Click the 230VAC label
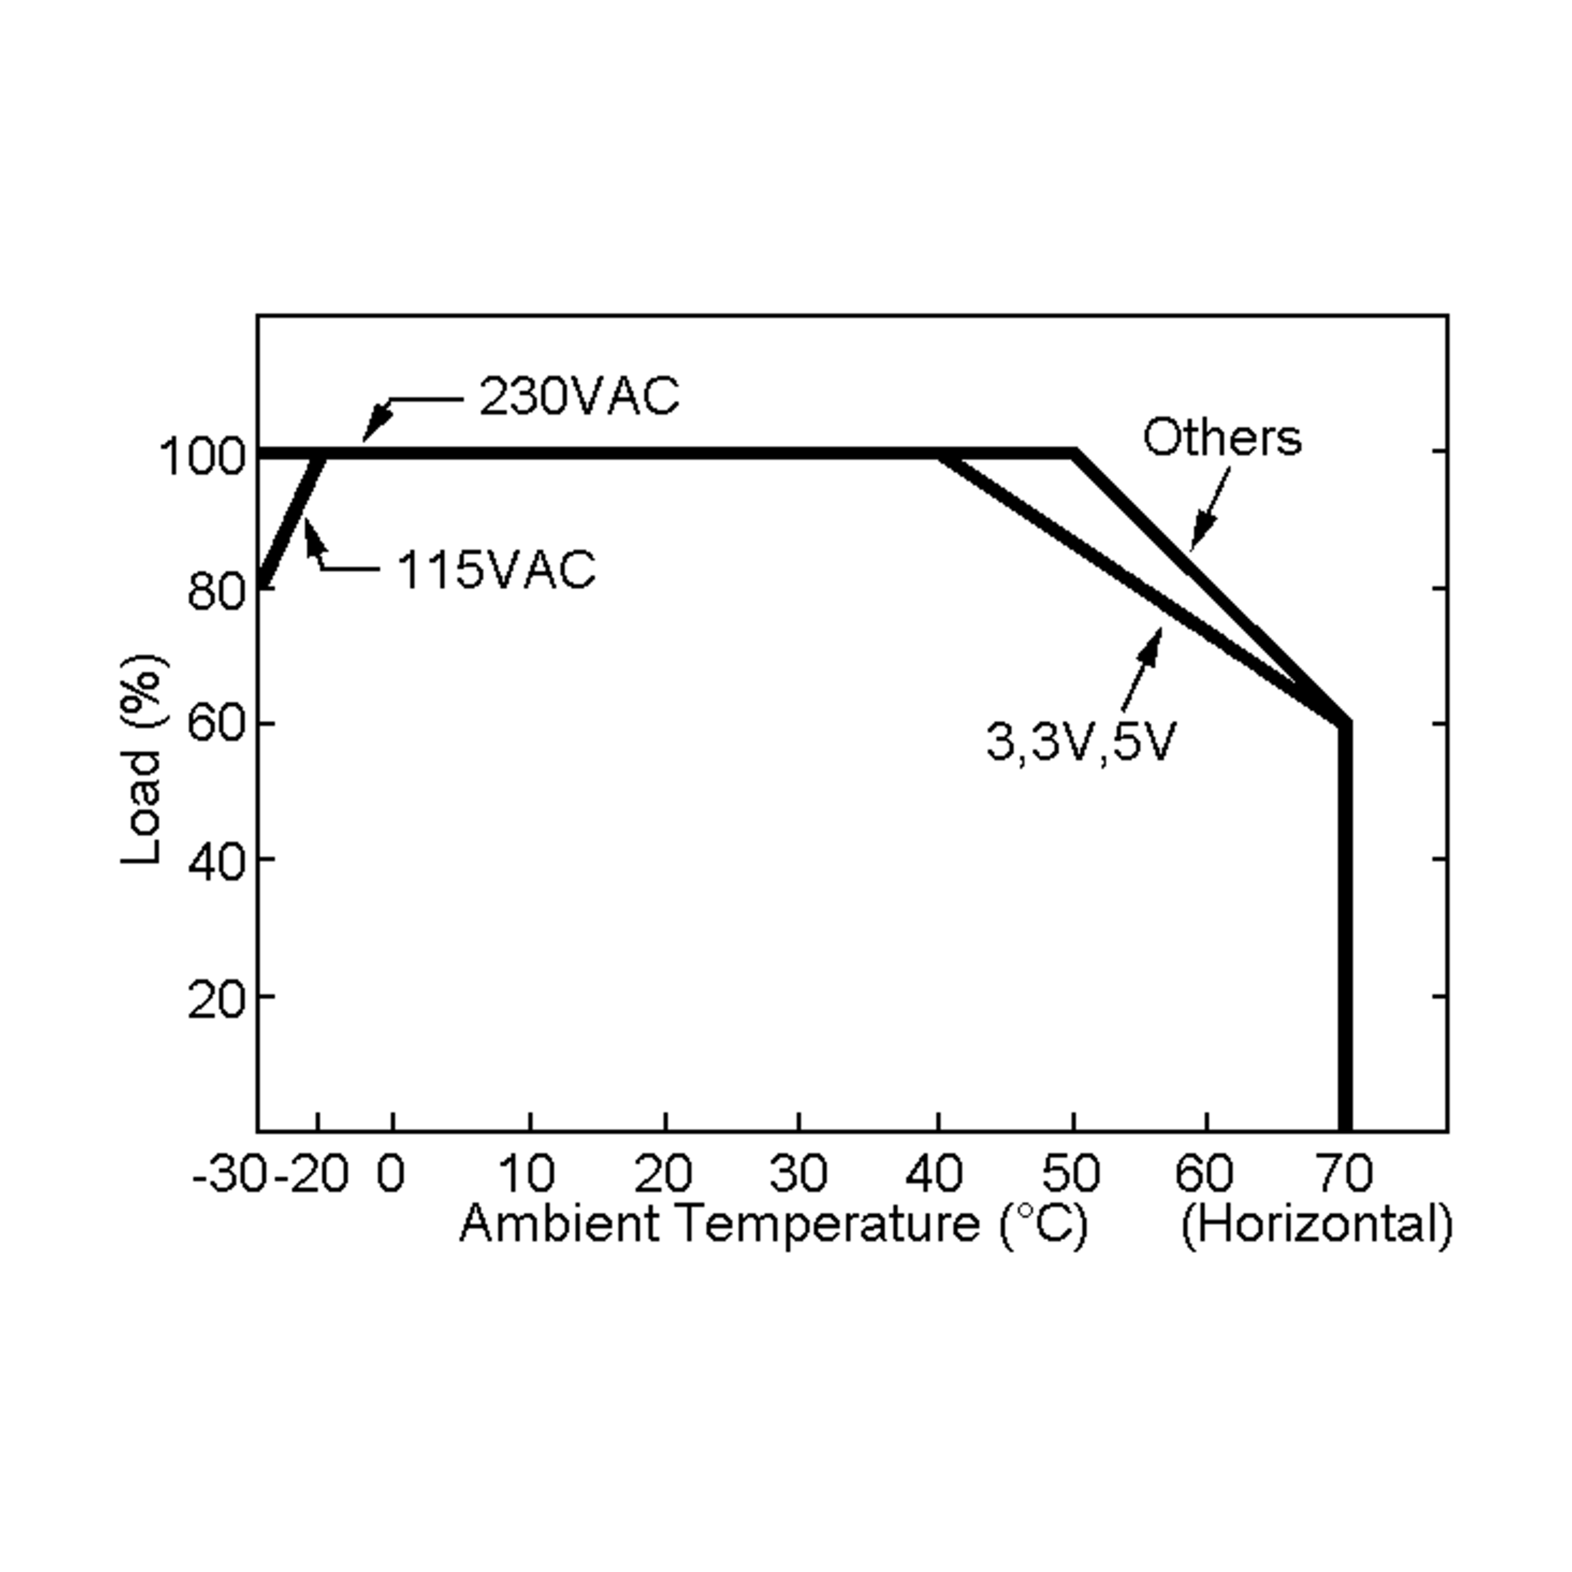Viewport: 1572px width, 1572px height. coord(578,397)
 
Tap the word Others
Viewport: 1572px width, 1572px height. coord(1222,437)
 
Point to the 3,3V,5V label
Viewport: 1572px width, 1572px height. coord(1081,742)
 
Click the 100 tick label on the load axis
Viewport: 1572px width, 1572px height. coord(202,457)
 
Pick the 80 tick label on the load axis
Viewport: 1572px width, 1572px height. coord(215,591)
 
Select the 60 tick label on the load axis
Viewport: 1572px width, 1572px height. coord(215,722)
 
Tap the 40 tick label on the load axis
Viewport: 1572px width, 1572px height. coord(215,862)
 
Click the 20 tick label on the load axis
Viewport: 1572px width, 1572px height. coord(215,1000)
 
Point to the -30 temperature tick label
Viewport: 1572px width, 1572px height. coord(229,1174)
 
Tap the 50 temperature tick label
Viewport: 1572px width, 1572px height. coord(1071,1174)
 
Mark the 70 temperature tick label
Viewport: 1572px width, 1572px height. coord(1345,1174)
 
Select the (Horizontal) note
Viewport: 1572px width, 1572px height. coord(1316,1226)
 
